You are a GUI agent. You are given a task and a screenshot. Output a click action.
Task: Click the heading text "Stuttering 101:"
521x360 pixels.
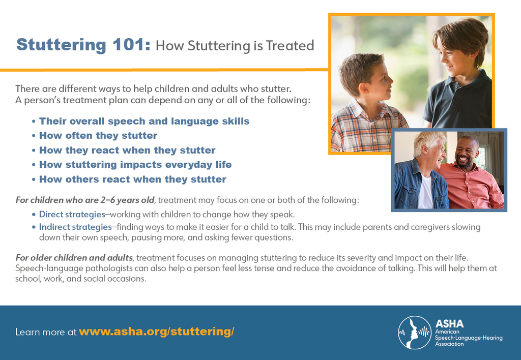click(x=83, y=45)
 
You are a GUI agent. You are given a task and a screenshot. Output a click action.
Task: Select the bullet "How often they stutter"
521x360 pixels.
click(x=98, y=136)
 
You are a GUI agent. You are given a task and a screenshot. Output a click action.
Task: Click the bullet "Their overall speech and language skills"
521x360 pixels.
click(x=144, y=121)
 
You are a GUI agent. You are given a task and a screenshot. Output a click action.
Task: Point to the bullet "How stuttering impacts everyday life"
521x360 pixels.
click(x=135, y=165)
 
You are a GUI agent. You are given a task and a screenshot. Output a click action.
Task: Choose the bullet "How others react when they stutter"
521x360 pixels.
click(x=133, y=179)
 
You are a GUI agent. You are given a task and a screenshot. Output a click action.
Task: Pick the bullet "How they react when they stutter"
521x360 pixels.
click(x=127, y=151)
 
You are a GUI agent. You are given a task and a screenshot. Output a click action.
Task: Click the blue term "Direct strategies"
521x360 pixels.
click(x=72, y=215)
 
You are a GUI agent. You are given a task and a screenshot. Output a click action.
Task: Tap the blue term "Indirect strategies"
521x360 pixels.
click(x=75, y=227)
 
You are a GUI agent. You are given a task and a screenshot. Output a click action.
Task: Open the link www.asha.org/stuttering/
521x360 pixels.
click(x=156, y=332)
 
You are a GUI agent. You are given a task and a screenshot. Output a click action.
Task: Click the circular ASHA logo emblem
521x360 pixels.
click(x=415, y=333)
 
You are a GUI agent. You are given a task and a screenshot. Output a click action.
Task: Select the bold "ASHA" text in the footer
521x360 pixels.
click(x=449, y=324)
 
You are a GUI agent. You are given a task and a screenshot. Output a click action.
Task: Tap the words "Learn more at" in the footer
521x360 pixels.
click(x=46, y=333)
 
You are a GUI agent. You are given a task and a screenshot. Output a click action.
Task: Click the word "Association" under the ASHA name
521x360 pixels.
click(x=449, y=344)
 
